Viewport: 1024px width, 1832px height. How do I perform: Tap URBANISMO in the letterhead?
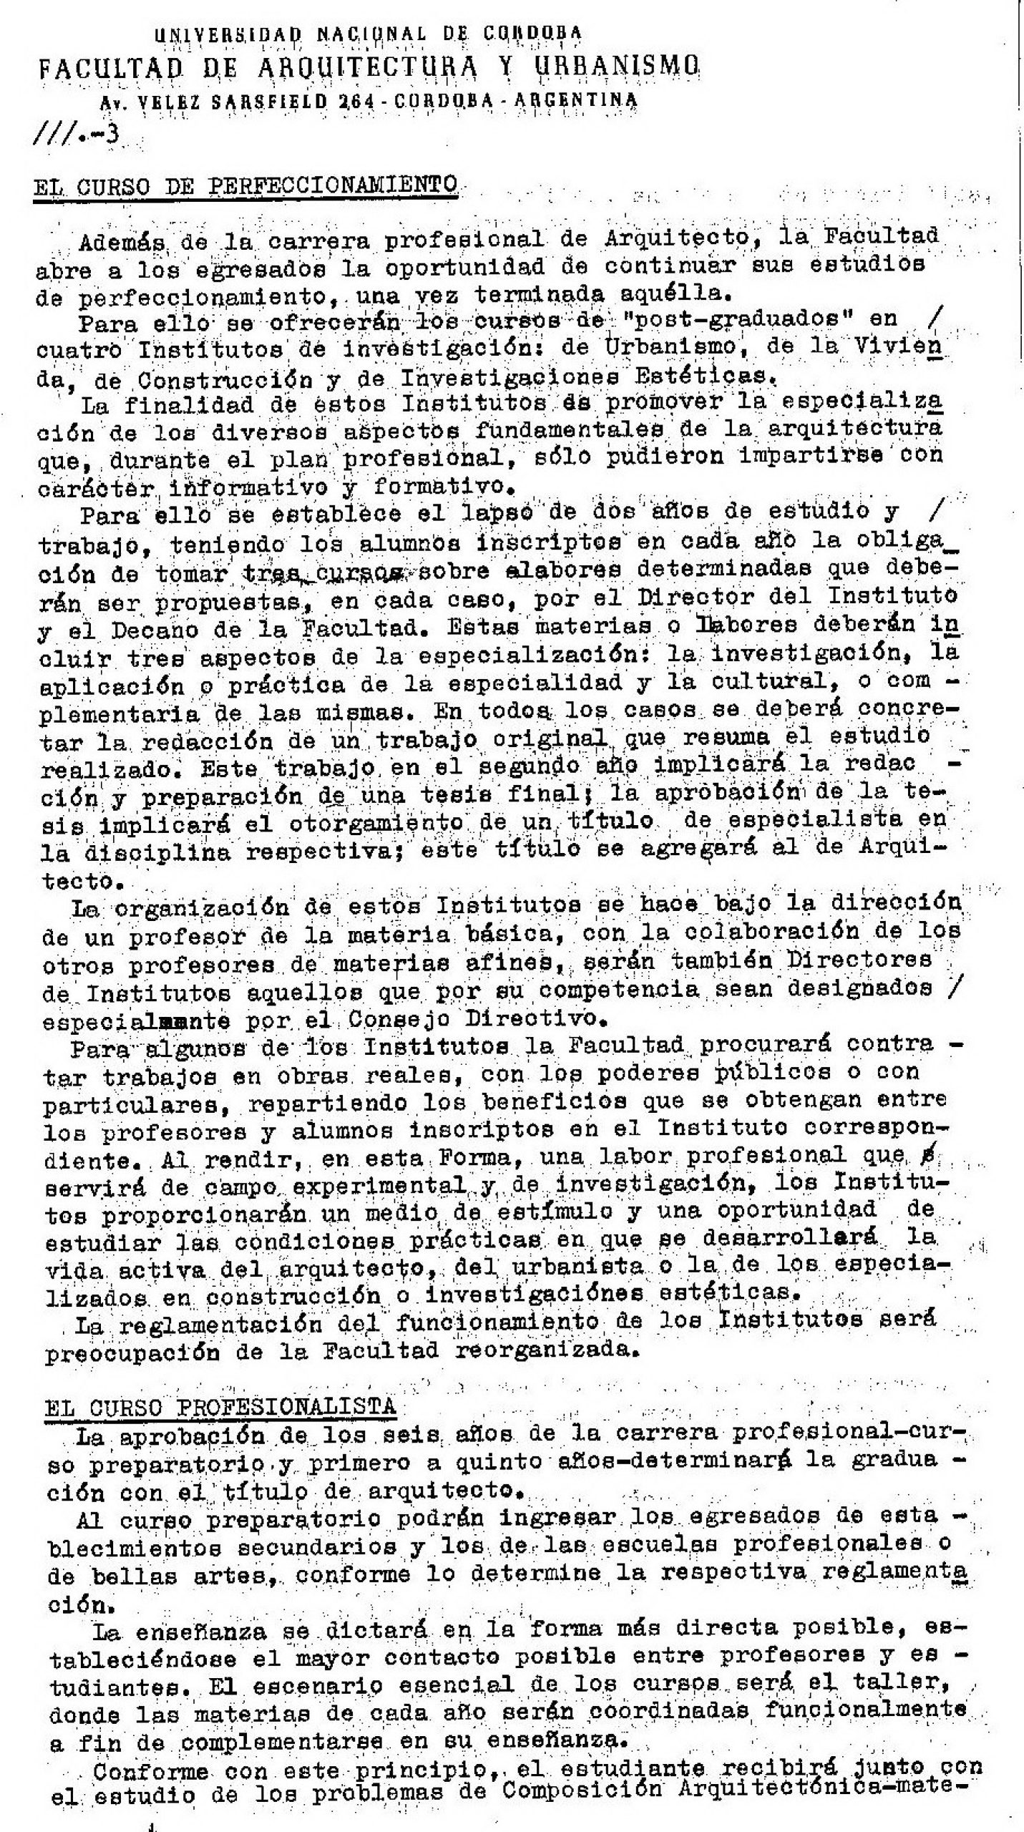pos(618,67)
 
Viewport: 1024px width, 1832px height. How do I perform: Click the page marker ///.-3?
pos(76,135)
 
